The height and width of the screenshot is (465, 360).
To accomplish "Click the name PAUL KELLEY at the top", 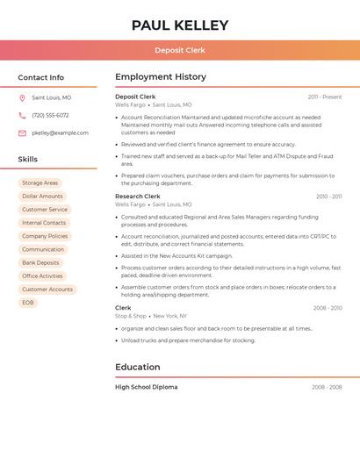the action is coord(180,25).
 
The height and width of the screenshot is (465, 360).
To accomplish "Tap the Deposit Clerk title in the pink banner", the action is coord(180,50).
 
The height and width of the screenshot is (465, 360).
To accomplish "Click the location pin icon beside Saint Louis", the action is coord(22,97).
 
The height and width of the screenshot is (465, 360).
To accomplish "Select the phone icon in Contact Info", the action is coord(22,115).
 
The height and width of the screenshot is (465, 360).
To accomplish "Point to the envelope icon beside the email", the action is coord(22,133).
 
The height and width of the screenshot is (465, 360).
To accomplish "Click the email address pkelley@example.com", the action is coord(60,133).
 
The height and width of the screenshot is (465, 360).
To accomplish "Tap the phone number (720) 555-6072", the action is coord(50,115).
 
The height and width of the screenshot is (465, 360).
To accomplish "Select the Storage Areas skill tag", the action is coord(40,183).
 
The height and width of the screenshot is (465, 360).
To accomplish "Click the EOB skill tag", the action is coord(28,303).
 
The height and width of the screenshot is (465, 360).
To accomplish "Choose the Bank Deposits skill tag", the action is coord(40,262).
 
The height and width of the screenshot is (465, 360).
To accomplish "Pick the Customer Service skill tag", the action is coord(45,210).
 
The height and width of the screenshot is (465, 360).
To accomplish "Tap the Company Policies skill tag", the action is coord(45,236).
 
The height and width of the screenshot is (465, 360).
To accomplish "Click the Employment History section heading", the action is coord(161,77).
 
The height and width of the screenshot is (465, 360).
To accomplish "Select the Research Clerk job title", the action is coord(138,197).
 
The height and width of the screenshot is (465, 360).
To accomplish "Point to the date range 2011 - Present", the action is coord(325,97).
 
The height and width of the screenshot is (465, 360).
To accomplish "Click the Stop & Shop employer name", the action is coord(131,316).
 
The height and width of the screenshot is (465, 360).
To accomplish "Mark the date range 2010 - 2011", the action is coord(328,197).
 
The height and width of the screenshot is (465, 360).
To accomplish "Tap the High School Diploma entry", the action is coord(146,387).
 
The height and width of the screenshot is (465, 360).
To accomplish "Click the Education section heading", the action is coord(137,367).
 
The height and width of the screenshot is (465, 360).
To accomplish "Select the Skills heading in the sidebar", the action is coord(28,160).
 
